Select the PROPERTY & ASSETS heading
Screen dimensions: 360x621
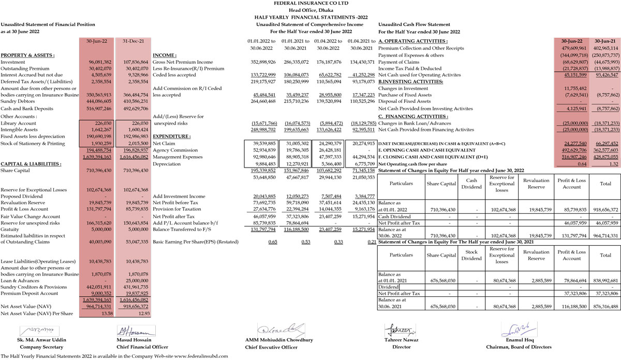[x=27, y=55]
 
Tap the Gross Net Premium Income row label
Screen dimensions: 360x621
[x=183, y=62]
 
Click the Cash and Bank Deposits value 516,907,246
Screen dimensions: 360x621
[x=96, y=109]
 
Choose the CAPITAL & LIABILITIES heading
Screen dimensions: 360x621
[x=31, y=163]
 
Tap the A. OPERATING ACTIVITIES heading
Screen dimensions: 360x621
[x=413, y=41]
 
